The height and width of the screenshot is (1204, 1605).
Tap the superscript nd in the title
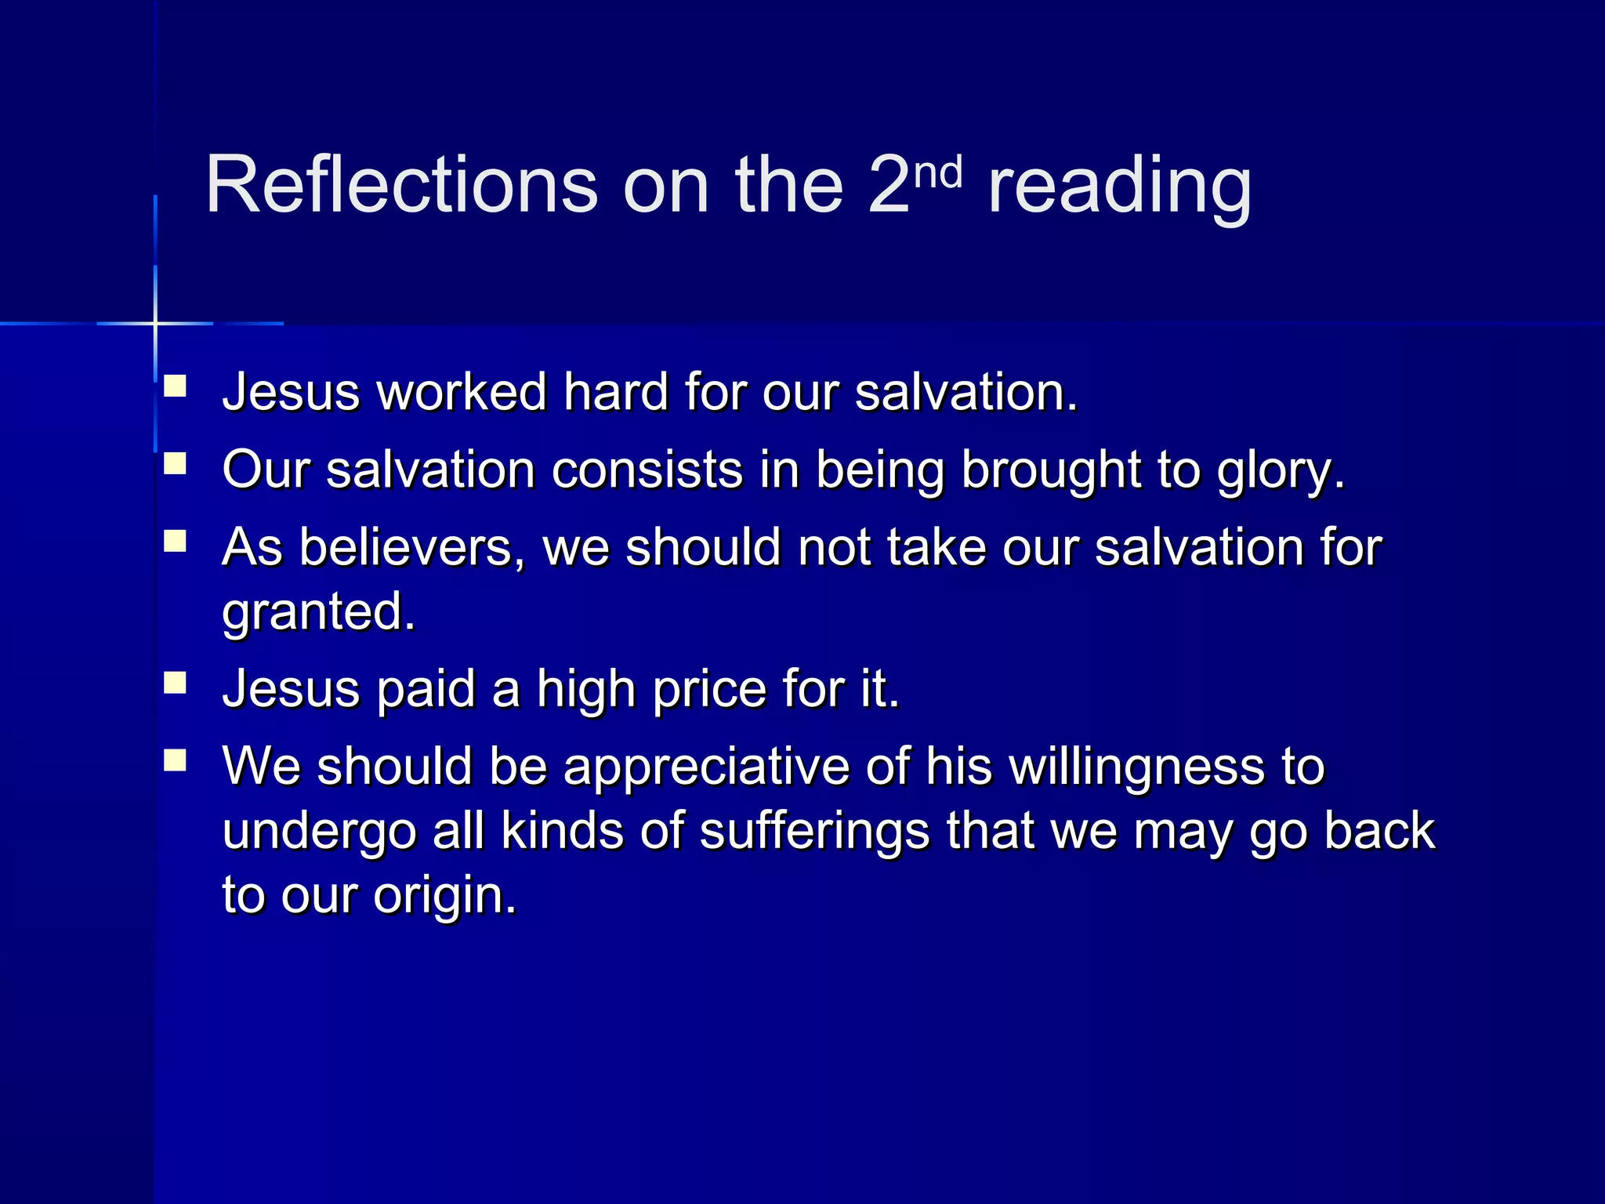938,172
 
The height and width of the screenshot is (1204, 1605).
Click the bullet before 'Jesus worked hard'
175,386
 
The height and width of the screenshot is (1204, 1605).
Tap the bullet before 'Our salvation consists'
175,464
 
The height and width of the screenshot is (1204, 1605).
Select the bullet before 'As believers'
175,542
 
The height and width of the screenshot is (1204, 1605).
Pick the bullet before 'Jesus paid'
175,683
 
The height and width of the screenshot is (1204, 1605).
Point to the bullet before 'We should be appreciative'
175,760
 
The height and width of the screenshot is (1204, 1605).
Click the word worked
462,391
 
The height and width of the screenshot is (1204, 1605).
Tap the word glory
1280,471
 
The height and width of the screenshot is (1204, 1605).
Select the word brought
1050,471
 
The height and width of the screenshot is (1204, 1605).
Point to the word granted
318,612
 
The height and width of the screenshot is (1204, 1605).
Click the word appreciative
706,767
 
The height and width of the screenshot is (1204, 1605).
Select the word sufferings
814,832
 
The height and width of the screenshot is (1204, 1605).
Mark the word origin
444,896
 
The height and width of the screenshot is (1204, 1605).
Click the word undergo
319,832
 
